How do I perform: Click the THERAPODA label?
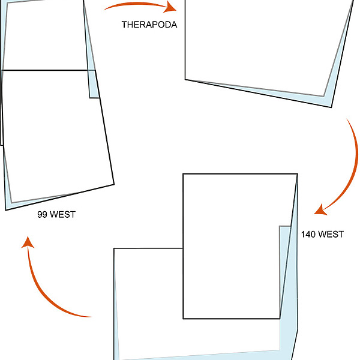(x=149, y=25)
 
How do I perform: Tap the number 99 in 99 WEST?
(x=42, y=214)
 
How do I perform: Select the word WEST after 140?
(x=331, y=234)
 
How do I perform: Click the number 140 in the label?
(x=308, y=234)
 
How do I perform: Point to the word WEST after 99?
(x=63, y=214)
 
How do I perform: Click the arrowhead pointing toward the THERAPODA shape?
(x=173, y=8)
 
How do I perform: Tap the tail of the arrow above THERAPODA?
(x=105, y=9)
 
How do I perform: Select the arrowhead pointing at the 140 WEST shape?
(x=319, y=210)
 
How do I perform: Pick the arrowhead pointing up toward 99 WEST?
(x=26, y=241)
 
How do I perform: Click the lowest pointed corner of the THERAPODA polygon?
(x=331, y=107)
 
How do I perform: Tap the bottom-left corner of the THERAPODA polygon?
(x=185, y=79)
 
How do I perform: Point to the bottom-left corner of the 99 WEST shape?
(x=6, y=210)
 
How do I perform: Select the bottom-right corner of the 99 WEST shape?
(x=113, y=184)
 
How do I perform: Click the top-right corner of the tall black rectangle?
(x=298, y=174)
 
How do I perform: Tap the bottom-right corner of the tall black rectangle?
(x=280, y=318)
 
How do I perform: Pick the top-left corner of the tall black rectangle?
(x=184, y=174)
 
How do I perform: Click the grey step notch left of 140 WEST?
(x=280, y=227)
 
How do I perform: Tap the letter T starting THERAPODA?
(x=124, y=25)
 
